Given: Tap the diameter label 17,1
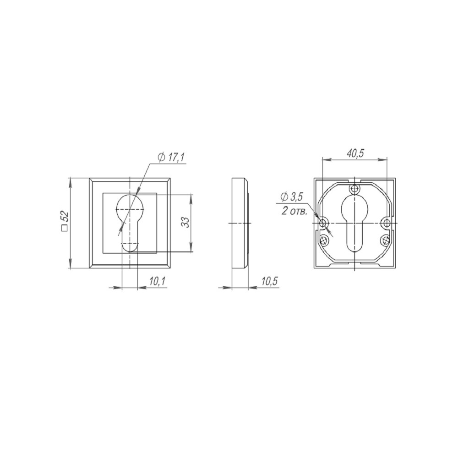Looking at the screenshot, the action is click(175, 158).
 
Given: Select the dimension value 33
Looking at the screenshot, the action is click(185, 222).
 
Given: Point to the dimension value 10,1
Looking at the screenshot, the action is click(158, 281).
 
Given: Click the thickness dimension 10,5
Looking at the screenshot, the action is click(269, 281).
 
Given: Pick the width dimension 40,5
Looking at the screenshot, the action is click(355, 153).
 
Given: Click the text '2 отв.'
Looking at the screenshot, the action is click(294, 211).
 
